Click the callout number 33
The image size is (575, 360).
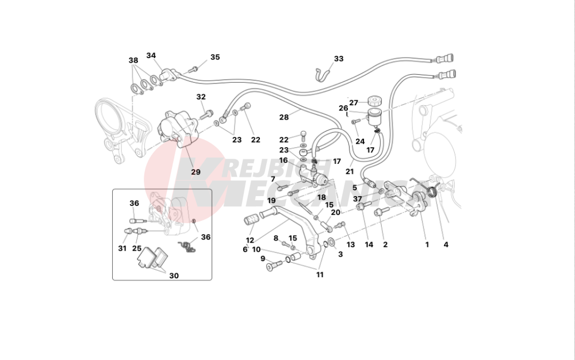[x=339, y=59]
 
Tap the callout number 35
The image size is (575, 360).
[x=215, y=57]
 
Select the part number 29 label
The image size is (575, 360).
[x=196, y=172]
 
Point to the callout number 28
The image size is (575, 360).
[x=284, y=117]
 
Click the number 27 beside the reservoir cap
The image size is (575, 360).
[x=354, y=103]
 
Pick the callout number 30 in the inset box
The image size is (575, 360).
[x=174, y=275]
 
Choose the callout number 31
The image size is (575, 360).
[x=122, y=248]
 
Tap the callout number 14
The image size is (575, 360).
[x=369, y=244]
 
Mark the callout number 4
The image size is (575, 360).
[x=446, y=244]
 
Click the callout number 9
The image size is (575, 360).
[x=263, y=259]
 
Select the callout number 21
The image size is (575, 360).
[x=350, y=171]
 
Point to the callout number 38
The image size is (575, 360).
[x=133, y=60]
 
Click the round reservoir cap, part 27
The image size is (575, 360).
[x=374, y=101]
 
